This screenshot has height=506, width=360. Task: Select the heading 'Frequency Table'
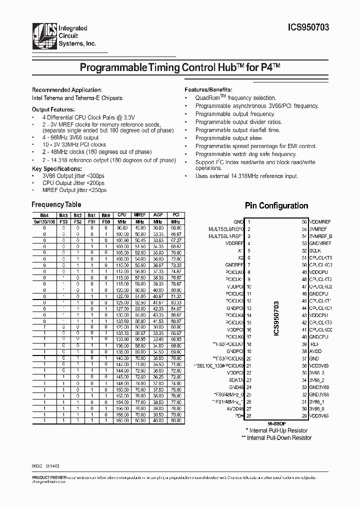coord(56,204)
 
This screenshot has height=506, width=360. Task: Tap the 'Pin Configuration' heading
coord(276,205)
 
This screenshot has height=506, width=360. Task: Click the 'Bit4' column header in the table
coord(44,214)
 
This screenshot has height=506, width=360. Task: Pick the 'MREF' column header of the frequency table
coord(140,214)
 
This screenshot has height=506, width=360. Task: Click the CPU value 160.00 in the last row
coord(122,421)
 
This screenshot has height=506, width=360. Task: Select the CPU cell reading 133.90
coord(122,339)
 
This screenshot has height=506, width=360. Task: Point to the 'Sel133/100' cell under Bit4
coord(44,220)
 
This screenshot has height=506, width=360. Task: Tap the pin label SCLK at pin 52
coord(316,250)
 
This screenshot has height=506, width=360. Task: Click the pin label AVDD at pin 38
coord(316,351)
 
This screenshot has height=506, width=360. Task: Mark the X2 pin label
coord(240,257)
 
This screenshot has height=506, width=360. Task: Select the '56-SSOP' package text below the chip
coord(276,423)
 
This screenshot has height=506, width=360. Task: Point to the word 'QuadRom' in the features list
coord(208,98)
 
